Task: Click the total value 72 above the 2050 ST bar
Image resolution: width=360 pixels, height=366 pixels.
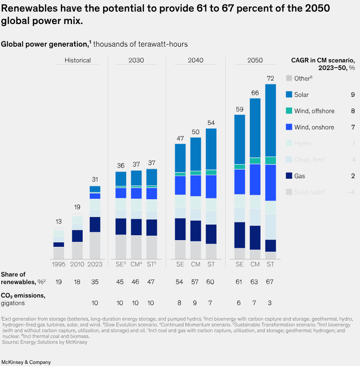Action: pyautogui.click(x=270, y=78)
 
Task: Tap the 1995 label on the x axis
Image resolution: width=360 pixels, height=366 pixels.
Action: pyautogui.click(x=59, y=264)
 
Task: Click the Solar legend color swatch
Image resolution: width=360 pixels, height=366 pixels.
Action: pyautogui.click(x=289, y=95)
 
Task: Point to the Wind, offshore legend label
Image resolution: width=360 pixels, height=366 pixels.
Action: pyautogui.click(x=314, y=111)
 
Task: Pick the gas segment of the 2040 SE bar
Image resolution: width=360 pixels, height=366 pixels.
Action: pyautogui.click(x=180, y=229)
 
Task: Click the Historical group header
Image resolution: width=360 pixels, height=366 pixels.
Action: pyautogui.click(x=78, y=60)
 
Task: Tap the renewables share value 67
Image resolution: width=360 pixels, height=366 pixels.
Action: pyautogui.click(x=270, y=282)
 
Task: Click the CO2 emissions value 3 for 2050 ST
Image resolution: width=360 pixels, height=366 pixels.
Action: pyautogui.click(x=270, y=303)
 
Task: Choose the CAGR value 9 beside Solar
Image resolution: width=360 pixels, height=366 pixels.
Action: pyautogui.click(x=352, y=95)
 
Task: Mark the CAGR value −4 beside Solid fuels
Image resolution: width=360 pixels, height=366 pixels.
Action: pyautogui.click(x=351, y=192)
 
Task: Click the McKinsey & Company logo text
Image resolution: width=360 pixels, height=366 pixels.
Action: pyautogui.click(x=26, y=362)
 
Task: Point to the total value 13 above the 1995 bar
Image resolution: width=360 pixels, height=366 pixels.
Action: pyautogui.click(x=59, y=221)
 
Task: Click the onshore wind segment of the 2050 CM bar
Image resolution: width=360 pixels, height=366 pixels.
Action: pyautogui.click(x=255, y=179)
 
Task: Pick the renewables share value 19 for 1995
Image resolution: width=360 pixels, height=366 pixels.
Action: pyautogui.click(x=59, y=282)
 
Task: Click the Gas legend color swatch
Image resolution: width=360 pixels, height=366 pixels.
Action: pyautogui.click(x=289, y=176)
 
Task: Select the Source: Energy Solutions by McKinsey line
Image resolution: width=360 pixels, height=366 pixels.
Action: pyautogui.click(x=44, y=342)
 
